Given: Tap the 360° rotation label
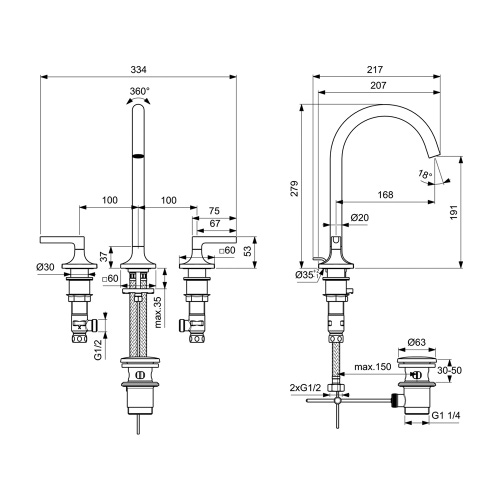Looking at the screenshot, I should (140, 91).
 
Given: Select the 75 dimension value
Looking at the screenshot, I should (215, 211).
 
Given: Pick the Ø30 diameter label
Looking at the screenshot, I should (44, 267).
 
